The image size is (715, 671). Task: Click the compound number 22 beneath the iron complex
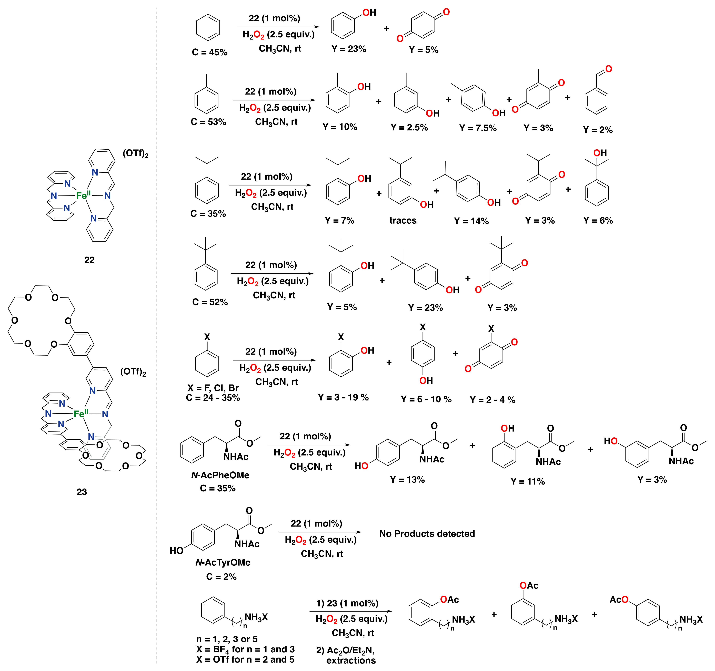(x=89, y=260)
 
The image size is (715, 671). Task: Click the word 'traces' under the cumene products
(x=403, y=220)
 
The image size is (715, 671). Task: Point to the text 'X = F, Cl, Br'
(x=213, y=388)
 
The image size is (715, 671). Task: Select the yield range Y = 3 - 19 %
(x=343, y=397)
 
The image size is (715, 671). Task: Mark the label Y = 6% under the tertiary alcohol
(x=598, y=220)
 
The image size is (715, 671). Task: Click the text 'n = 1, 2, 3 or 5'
(x=227, y=639)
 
